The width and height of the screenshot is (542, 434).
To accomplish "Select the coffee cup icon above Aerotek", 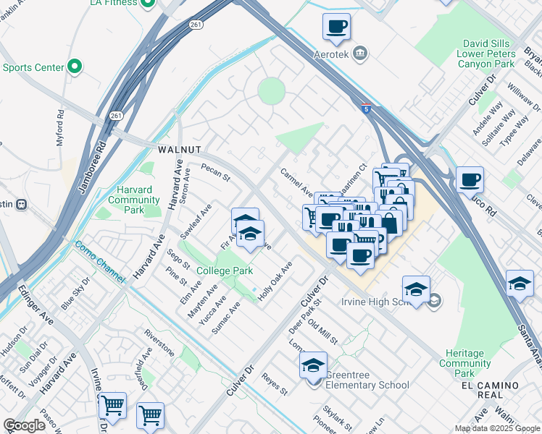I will click(x=336, y=27).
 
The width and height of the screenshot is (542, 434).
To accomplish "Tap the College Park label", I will click(x=225, y=271).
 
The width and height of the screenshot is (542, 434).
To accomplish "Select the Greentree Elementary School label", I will click(x=367, y=380).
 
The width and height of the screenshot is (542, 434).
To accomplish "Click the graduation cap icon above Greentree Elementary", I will click(x=313, y=366).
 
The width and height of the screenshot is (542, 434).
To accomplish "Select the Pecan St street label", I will click(x=215, y=174).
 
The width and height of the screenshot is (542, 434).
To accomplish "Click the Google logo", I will click(x=24, y=425).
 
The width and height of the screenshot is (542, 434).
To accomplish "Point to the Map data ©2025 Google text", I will click(x=496, y=428).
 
